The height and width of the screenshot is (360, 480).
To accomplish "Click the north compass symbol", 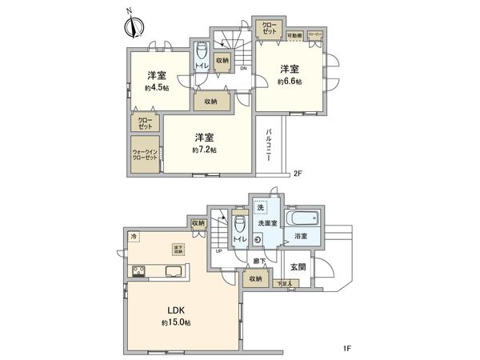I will (x=131, y=25).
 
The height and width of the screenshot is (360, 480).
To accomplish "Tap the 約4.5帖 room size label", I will (x=156, y=87).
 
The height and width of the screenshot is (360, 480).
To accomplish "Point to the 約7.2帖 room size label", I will (x=204, y=150).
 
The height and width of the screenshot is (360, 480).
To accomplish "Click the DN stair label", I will (x=242, y=69).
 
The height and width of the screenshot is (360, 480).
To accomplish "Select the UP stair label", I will (x=219, y=251).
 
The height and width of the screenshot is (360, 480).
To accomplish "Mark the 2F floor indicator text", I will (x=297, y=174).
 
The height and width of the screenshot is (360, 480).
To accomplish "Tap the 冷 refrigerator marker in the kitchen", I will (x=134, y=236).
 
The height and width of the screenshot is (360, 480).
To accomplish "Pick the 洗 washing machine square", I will (x=260, y=208).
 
